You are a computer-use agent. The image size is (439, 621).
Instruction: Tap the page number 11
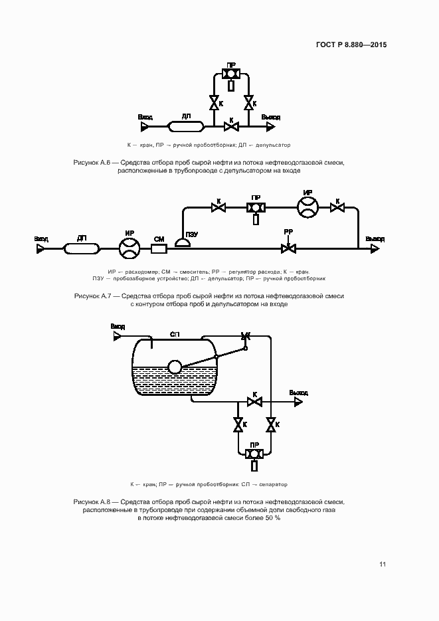point(383,565)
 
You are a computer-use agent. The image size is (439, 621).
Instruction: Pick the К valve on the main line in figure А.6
point(231,126)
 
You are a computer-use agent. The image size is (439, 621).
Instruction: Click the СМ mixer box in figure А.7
point(159,249)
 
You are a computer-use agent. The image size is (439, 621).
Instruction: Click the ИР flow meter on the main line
point(130,249)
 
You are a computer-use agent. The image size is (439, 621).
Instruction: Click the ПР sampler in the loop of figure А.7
point(255,208)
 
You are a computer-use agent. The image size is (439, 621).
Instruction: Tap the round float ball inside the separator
point(175,367)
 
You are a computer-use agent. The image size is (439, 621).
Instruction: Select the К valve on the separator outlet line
point(254,401)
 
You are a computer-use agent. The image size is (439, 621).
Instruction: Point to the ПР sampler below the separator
point(254,454)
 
